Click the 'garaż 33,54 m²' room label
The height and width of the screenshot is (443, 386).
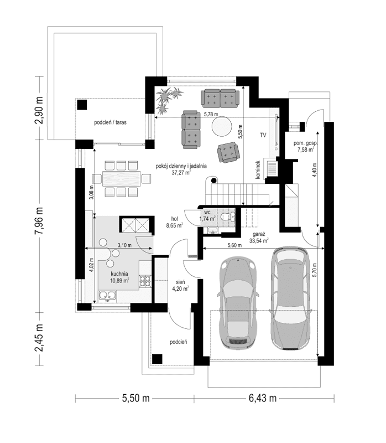(258, 238)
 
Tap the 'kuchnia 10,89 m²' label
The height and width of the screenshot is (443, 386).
(119, 277)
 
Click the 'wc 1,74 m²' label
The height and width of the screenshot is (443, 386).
(207, 215)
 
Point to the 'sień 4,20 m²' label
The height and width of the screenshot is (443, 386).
(181, 285)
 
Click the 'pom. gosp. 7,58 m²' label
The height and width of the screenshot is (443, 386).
(304, 146)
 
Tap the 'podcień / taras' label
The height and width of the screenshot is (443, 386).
(111, 123)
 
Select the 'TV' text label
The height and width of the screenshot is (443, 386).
(263, 135)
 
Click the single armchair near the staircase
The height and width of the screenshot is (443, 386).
(229, 152)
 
